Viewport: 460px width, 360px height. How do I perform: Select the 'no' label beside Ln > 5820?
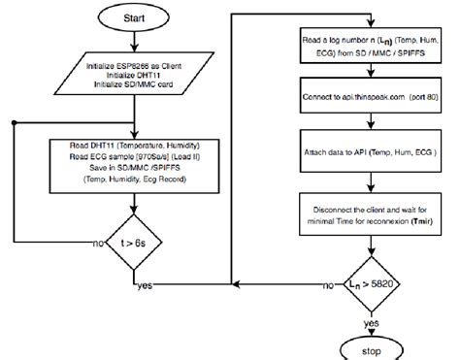coord(328,286)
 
